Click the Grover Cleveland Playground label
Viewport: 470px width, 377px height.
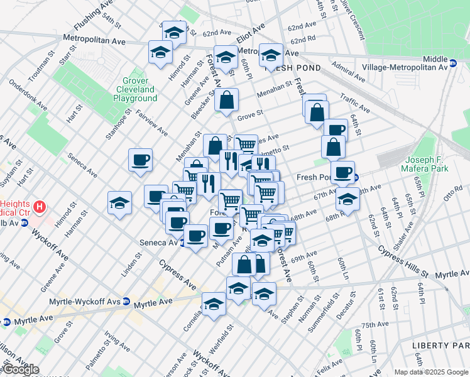pos(136,90)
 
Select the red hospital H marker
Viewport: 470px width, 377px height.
pos(40,206)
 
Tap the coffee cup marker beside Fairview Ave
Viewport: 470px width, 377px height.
pos(140,159)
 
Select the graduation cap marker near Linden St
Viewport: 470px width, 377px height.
pos(119,202)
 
